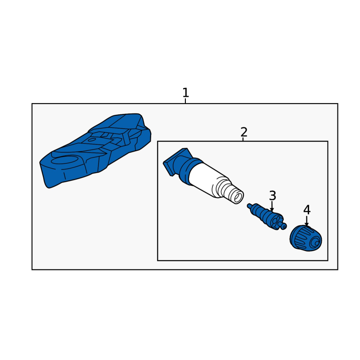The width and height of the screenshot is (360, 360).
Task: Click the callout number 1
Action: (185, 93)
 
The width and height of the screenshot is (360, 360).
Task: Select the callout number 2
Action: (244, 132)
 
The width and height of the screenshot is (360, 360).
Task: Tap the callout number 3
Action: (273, 196)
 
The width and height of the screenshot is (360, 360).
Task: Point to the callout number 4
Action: (307, 210)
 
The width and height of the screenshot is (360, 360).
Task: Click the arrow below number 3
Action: (272, 206)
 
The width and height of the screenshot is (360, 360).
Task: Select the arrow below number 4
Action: (307, 221)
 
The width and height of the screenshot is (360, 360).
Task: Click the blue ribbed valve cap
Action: (306, 238)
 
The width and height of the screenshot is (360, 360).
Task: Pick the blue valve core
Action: (267, 216)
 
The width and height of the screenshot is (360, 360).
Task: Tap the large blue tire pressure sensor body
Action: (95, 150)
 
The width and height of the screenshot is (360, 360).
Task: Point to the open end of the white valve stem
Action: (238, 198)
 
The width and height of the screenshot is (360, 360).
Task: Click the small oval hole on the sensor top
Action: (92, 139)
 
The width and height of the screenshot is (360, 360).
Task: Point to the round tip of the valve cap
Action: (316, 243)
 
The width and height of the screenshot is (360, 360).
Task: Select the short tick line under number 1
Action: (185, 101)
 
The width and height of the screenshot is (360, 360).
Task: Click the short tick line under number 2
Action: (243, 139)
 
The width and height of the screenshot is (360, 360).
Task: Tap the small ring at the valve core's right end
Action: (284, 227)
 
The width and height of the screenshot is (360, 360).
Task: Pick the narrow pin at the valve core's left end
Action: (250, 206)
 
